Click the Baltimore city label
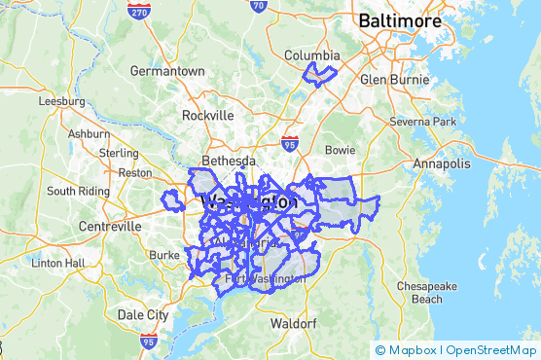(x=400, y=20)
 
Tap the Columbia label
(x=311, y=55)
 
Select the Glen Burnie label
(x=388, y=80)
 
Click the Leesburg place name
(x=62, y=100)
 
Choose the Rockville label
(x=207, y=115)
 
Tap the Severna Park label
(x=422, y=122)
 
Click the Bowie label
(x=340, y=151)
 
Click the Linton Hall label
(x=59, y=263)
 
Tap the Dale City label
(x=142, y=314)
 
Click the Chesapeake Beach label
(x=426, y=292)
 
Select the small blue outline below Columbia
(x=319, y=76)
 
